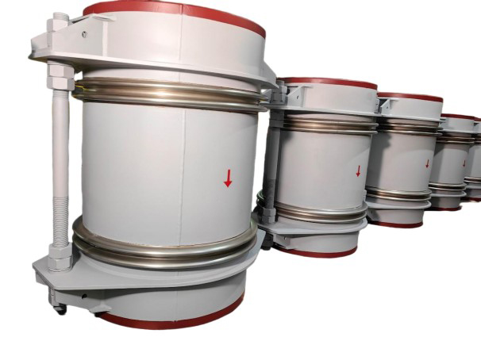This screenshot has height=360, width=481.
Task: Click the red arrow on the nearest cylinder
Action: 228,178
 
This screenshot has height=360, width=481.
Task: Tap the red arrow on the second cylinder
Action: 358,170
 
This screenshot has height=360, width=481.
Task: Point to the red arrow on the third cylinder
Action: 426,164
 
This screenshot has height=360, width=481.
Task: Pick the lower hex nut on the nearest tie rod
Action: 60,255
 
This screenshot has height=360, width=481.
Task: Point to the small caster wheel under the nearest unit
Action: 59,308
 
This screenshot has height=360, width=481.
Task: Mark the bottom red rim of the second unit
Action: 317,252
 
